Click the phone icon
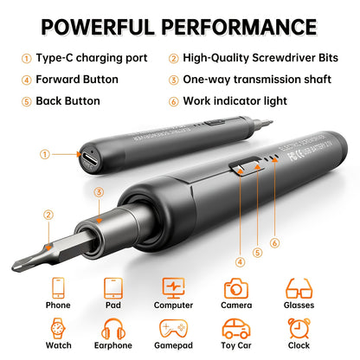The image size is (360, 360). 58,288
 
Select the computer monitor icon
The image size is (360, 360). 174,288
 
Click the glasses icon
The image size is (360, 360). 299,287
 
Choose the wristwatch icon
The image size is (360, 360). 58,330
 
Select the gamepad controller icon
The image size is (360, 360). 174,330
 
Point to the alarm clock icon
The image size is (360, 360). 299,330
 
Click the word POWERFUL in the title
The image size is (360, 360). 99,27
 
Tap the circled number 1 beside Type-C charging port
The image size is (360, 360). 27,59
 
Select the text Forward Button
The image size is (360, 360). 76,80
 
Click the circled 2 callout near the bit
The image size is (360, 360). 49,215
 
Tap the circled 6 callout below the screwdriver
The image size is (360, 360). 274,242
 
